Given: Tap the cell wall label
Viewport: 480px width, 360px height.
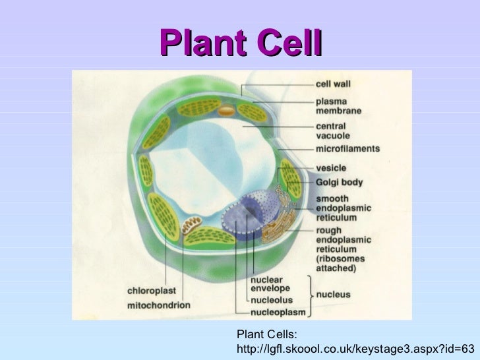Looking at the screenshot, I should [x=334, y=84].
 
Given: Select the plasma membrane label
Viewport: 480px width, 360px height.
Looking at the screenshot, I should [x=339, y=107].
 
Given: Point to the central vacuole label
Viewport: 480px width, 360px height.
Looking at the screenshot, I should [x=334, y=131].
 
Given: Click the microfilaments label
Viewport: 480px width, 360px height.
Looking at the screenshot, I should [x=348, y=149].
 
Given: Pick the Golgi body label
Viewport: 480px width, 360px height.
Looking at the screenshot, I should [x=340, y=182].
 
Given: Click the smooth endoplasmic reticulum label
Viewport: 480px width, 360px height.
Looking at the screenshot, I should [x=344, y=208].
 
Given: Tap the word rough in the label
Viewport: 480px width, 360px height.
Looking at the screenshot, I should [x=328, y=231].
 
